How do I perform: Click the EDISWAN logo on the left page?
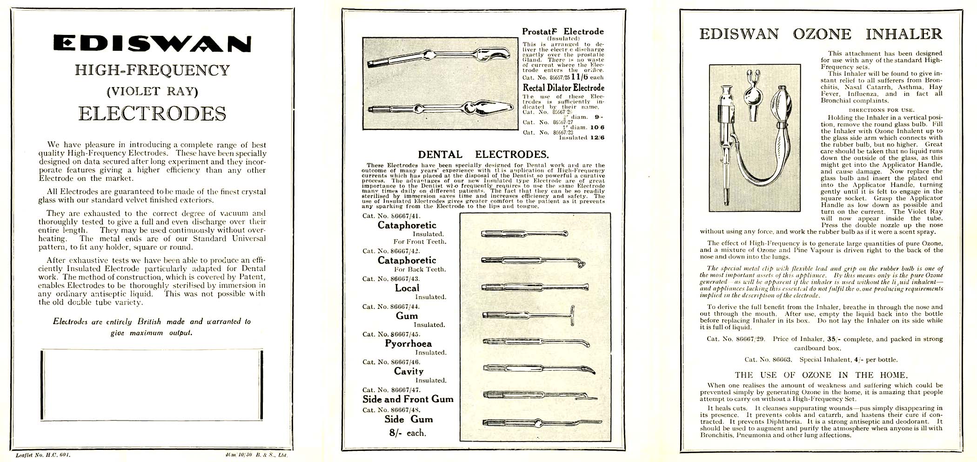tap(152, 43)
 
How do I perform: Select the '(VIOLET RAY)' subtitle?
tap(152, 91)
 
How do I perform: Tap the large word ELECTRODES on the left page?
tap(152, 114)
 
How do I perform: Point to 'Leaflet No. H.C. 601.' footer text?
tap(43, 454)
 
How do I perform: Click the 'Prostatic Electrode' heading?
tap(562, 32)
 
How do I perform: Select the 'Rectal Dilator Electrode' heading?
tap(563, 88)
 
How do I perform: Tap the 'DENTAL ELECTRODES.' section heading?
tap(483, 155)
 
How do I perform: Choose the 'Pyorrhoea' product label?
tap(408, 344)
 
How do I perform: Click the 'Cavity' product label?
tap(408, 371)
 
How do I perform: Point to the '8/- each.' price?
tap(408, 433)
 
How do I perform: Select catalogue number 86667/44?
tap(391, 306)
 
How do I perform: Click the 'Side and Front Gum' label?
tap(408, 399)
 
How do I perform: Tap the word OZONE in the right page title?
tap(822, 34)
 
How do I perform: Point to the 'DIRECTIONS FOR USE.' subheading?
tap(881, 110)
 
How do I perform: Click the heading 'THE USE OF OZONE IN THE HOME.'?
tap(821, 375)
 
